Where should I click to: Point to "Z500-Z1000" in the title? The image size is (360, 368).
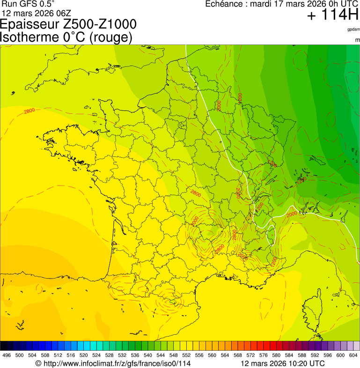(101, 24)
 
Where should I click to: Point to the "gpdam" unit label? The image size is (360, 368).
(353, 29)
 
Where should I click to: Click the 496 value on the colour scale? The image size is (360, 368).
(7, 356)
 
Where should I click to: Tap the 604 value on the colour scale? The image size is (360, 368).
(353, 356)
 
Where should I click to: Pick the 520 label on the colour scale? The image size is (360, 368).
(82, 356)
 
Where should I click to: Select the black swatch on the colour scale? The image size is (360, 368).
(4, 346)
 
